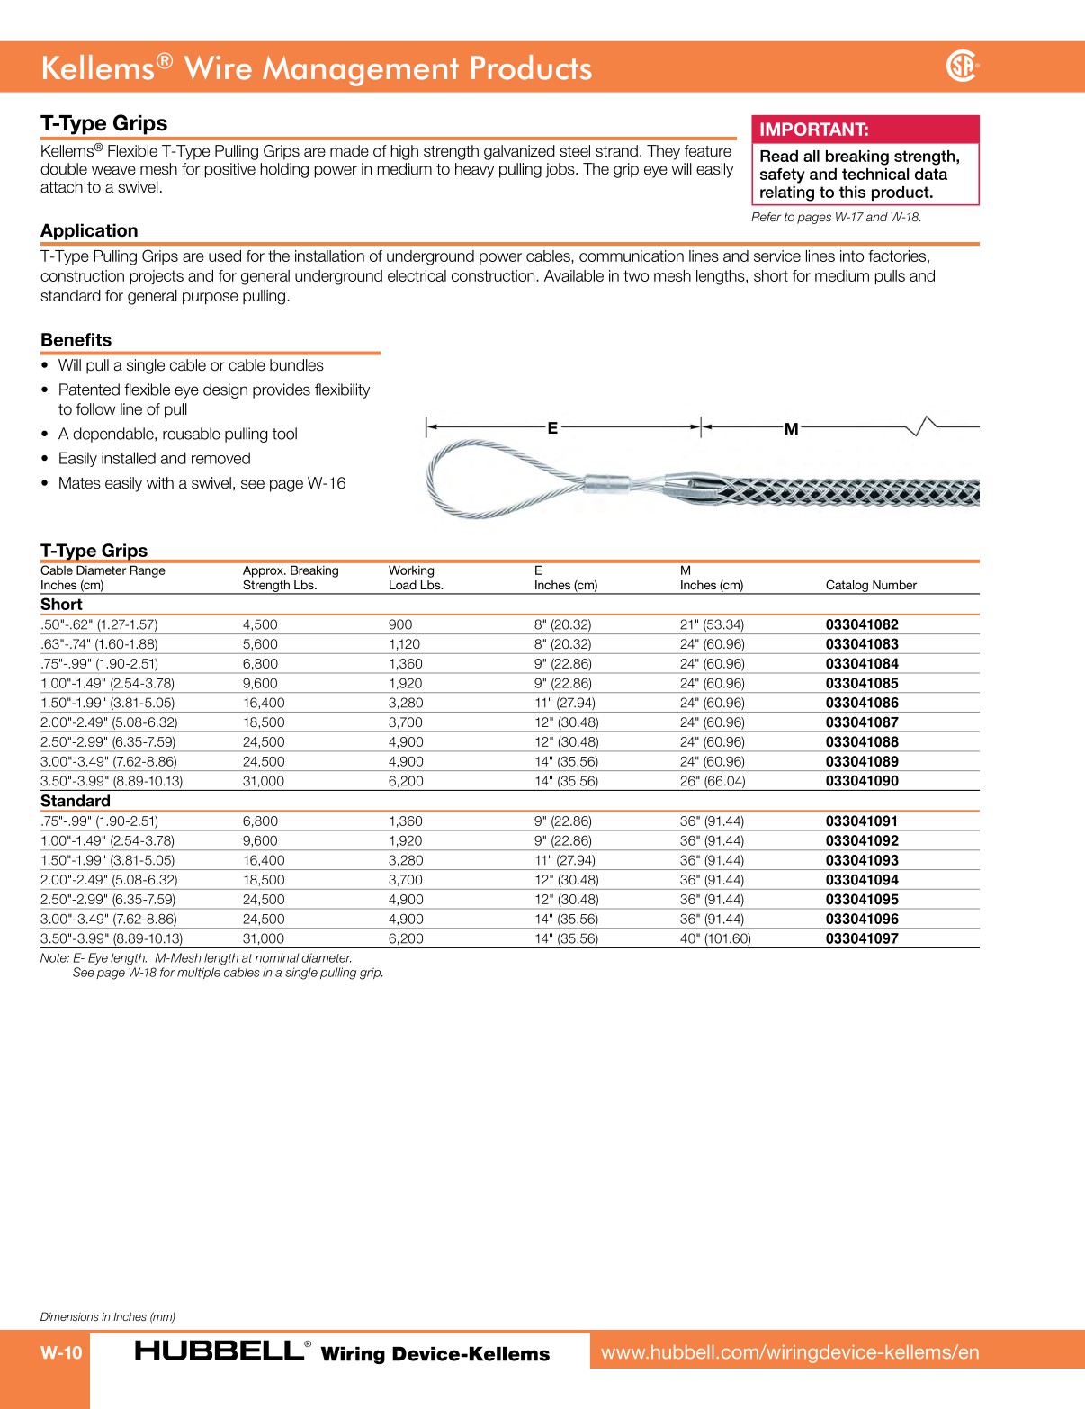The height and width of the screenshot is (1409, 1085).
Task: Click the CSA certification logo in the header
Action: [x=962, y=66]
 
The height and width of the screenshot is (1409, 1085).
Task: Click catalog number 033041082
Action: [x=862, y=624]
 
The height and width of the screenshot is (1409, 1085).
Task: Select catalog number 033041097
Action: [x=862, y=938]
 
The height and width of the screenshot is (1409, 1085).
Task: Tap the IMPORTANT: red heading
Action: [x=814, y=130]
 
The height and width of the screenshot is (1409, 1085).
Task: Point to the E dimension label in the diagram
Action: [x=552, y=428]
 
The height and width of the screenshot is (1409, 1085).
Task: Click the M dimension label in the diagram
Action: [x=791, y=429]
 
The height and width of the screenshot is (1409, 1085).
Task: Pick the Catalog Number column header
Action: [x=871, y=585]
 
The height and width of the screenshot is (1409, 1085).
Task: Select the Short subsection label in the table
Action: [x=61, y=605]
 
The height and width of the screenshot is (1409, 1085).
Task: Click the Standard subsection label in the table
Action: [x=76, y=801]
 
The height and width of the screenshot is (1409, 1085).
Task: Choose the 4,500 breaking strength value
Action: [x=260, y=624]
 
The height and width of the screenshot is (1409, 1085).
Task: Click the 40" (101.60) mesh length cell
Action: [x=715, y=938]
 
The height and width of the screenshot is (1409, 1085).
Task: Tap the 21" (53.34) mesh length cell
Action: [x=712, y=624]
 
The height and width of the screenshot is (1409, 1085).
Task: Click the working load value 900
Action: [x=400, y=624]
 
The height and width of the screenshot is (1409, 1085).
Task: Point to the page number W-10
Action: [x=61, y=1352]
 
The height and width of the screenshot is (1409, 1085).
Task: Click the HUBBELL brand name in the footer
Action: [x=220, y=1351]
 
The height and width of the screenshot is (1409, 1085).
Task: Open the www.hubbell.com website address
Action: [x=790, y=1352]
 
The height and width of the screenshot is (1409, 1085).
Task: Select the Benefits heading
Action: [x=76, y=340]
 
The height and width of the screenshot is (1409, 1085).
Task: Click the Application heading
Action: [x=89, y=230]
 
